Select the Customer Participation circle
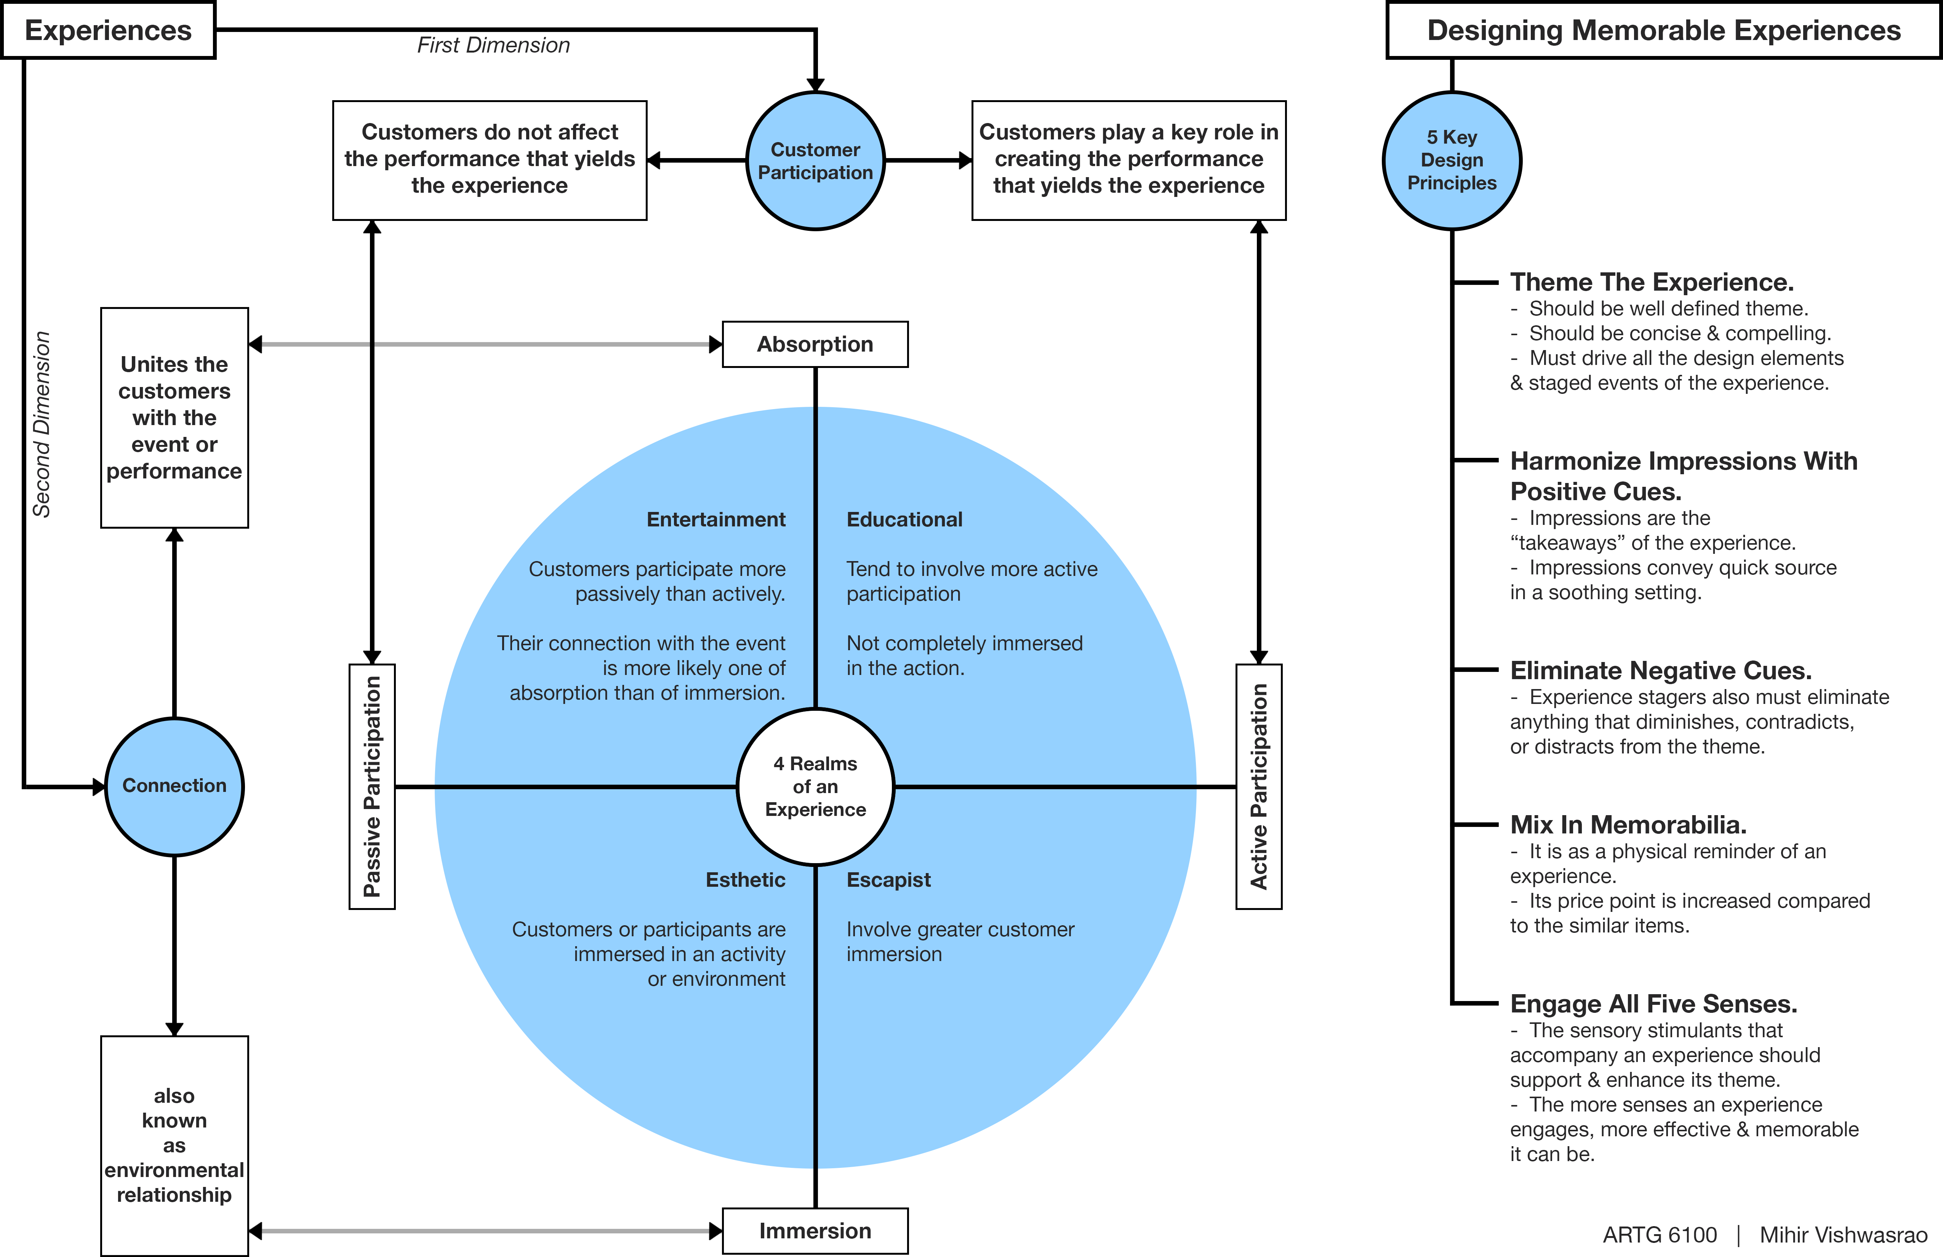click(x=815, y=161)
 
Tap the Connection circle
click(x=174, y=786)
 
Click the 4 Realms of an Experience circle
click(x=815, y=786)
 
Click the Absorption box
click(x=815, y=344)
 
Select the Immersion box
click(x=815, y=1231)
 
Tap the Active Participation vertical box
click(x=1259, y=786)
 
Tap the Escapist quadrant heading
click(x=888, y=880)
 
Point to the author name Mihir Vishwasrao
click(x=1842, y=1235)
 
